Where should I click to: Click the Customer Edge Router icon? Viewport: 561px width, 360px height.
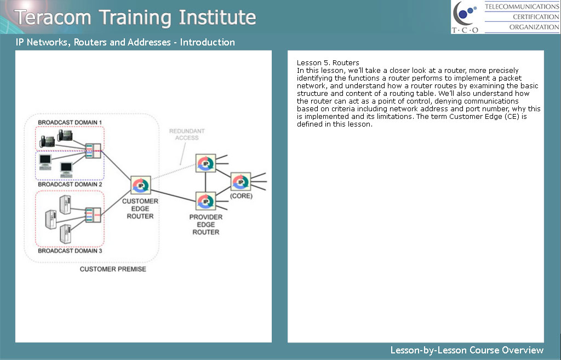[x=141, y=185]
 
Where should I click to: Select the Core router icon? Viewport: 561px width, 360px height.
[x=241, y=182]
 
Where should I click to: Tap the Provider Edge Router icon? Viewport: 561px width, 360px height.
[x=206, y=201]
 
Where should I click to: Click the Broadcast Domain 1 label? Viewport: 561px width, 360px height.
[x=70, y=122]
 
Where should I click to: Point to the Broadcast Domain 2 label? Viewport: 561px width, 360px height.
[x=70, y=184]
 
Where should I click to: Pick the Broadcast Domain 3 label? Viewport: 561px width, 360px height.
[x=70, y=251]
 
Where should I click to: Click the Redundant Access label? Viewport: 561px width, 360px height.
[x=187, y=134]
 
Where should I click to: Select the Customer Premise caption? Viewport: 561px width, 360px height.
[x=113, y=269]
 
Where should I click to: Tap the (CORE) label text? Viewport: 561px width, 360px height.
[x=241, y=196]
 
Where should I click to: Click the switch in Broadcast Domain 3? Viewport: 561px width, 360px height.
[x=93, y=215]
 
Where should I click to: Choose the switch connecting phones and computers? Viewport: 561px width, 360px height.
[x=93, y=151]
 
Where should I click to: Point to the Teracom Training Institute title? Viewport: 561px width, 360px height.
[x=135, y=18]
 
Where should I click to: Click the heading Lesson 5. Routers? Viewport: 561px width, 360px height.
[x=328, y=63]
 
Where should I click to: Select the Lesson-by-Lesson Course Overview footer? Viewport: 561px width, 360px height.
[x=467, y=350]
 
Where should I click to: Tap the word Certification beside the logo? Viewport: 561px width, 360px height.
[x=536, y=17]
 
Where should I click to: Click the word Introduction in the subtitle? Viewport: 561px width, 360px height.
[x=208, y=42]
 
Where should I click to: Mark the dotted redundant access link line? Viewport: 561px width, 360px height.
[x=174, y=171]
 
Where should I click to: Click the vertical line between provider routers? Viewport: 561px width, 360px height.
[x=205, y=182]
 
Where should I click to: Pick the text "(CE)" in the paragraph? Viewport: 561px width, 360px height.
[x=512, y=117]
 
